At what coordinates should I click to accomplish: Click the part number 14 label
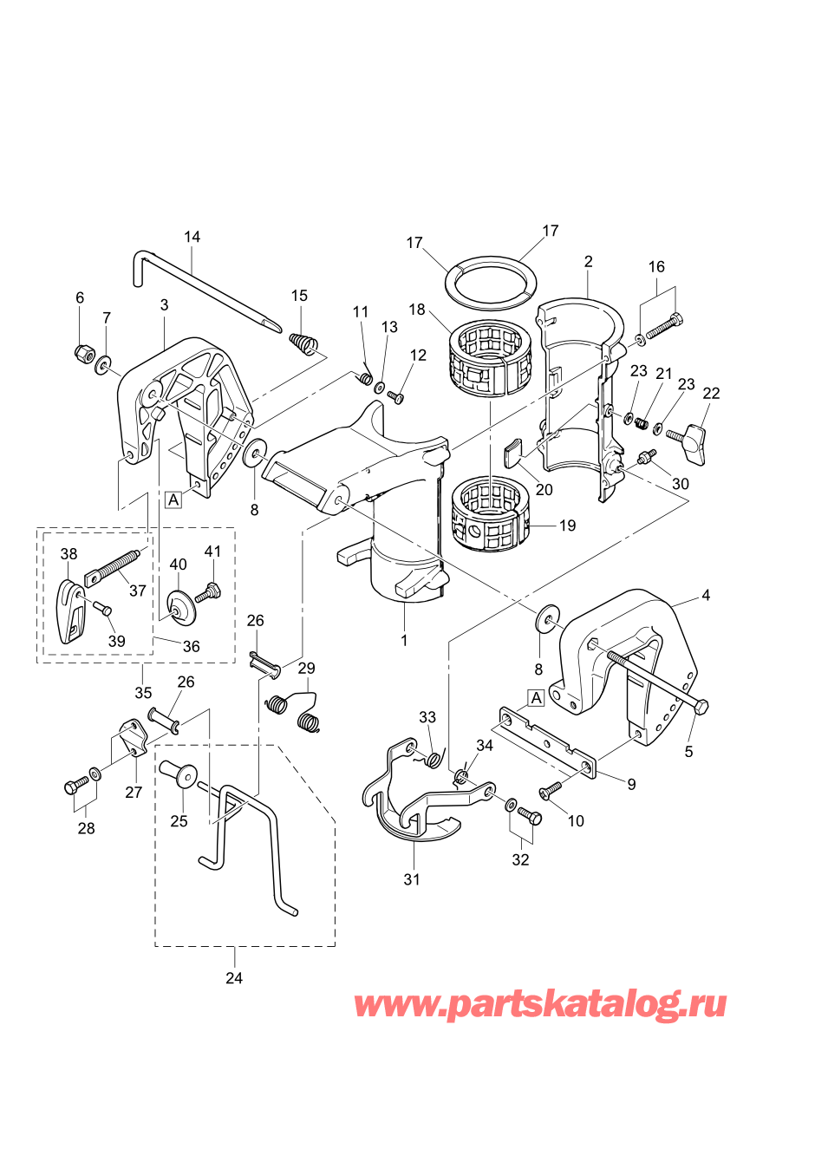click(x=192, y=237)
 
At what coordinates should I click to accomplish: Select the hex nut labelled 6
click(x=82, y=352)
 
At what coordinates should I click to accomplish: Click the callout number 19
click(x=568, y=526)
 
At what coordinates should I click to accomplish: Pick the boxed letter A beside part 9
click(x=537, y=698)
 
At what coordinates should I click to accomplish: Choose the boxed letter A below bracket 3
click(x=173, y=499)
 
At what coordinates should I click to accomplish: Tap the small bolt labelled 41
click(x=212, y=592)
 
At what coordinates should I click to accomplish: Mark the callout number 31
click(x=411, y=879)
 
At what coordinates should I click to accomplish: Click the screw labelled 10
click(x=549, y=793)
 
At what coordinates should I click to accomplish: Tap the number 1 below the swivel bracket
click(x=404, y=641)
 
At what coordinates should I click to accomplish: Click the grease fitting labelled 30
click(x=646, y=456)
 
